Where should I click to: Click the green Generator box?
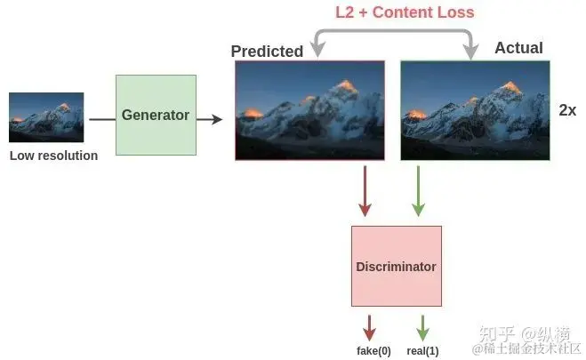pyautogui.click(x=156, y=115)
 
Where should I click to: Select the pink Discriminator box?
pyautogui.click(x=396, y=267)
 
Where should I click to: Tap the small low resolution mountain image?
pyautogui.click(x=46, y=117)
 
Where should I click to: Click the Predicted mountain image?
pyautogui.click(x=309, y=110)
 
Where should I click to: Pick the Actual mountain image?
pyautogui.click(x=475, y=110)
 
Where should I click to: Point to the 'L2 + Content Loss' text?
pyautogui.click(x=405, y=12)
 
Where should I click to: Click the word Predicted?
pyautogui.click(x=267, y=52)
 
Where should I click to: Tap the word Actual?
pyautogui.click(x=518, y=48)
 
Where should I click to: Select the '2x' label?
pyautogui.click(x=567, y=110)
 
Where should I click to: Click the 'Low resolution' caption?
pyautogui.click(x=53, y=156)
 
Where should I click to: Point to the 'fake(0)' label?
pyautogui.click(x=373, y=350)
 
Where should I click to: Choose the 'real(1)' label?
pyautogui.click(x=422, y=350)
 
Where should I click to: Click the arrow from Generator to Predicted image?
pyautogui.click(x=210, y=116)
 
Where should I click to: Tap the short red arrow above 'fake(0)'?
pyautogui.click(x=370, y=325)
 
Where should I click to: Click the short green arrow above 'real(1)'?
pyautogui.click(x=423, y=325)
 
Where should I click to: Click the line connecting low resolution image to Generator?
pyautogui.click(x=100, y=116)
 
